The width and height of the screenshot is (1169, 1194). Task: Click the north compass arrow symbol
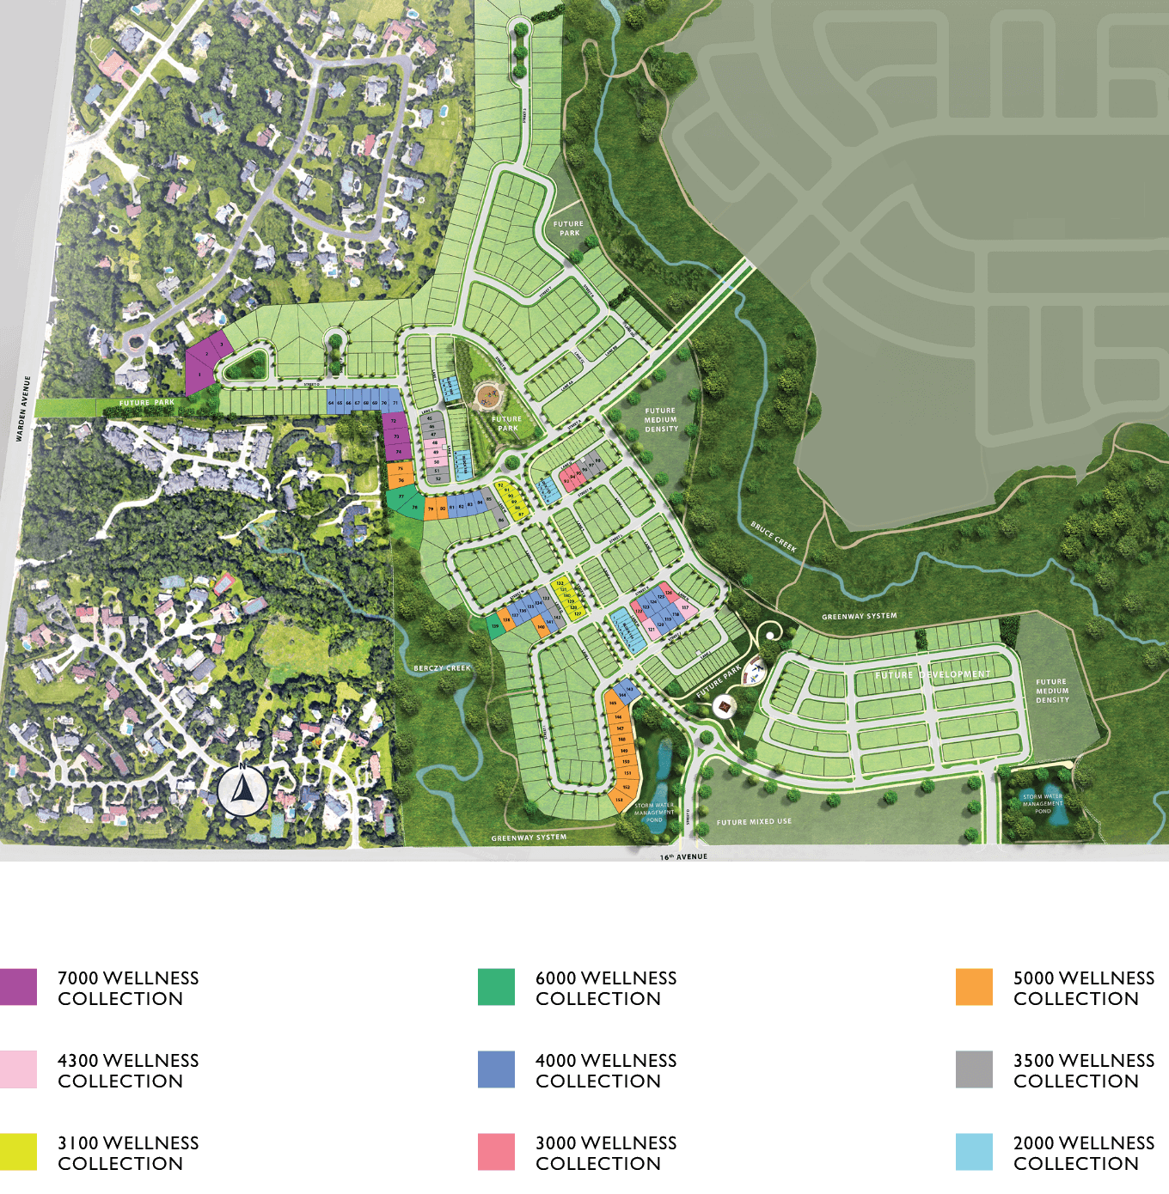click(x=242, y=790)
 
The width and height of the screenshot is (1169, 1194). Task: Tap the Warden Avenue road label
click(x=24, y=409)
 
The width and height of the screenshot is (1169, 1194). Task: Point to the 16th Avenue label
click(x=683, y=856)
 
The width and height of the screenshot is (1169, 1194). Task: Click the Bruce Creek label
click(x=774, y=537)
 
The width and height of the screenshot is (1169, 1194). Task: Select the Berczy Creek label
click(x=442, y=668)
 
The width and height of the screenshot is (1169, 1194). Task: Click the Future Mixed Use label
click(x=754, y=822)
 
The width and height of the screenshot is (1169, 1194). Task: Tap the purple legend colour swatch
click(x=18, y=987)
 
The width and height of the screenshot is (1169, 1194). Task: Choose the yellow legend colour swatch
click(x=18, y=1152)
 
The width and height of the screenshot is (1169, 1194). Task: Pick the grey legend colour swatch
click(x=974, y=1069)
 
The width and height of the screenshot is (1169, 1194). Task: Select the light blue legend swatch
click(x=974, y=1152)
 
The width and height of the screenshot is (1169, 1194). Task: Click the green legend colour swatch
click(x=496, y=987)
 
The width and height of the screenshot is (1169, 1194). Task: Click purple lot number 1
click(x=200, y=375)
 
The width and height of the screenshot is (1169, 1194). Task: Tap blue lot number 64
click(x=331, y=402)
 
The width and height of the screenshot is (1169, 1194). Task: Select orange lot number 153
click(x=619, y=800)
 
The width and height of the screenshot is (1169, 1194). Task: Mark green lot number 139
click(x=494, y=626)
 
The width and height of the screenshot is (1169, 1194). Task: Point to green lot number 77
click(x=401, y=496)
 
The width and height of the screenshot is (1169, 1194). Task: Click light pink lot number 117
click(x=685, y=607)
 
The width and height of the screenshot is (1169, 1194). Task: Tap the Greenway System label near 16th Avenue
click(x=529, y=838)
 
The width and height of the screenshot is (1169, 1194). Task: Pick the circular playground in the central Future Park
click(x=488, y=396)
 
